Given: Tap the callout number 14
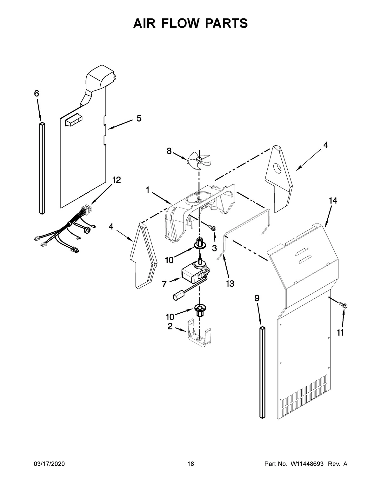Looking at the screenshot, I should point(333,201).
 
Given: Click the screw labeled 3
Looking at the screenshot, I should point(212,228).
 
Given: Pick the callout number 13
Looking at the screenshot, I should point(230,283).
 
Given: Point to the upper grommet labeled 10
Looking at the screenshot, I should point(200,244).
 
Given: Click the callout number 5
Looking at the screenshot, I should point(139,118).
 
